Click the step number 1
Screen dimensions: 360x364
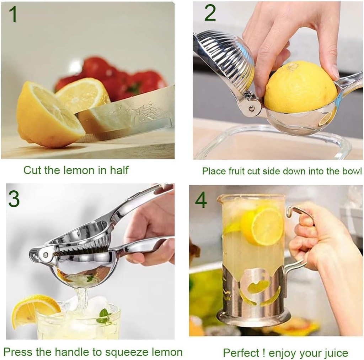[13, 15]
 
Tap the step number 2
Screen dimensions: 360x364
[210, 13]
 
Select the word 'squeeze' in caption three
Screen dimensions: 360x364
[114, 352]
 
